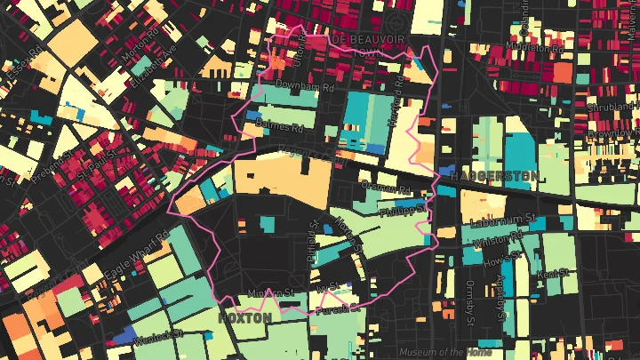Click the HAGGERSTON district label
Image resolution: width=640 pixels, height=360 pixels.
[x=493, y=176]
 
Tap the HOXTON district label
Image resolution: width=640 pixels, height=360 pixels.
[x=244, y=317]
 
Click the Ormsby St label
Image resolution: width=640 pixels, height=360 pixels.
[x=471, y=302]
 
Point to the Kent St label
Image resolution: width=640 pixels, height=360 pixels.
[x=553, y=274]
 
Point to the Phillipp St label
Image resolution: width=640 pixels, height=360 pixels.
[x=398, y=212]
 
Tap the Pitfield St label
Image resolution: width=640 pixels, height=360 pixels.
[x=311, y=242]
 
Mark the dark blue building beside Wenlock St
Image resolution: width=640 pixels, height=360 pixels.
[x=124, y=335]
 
